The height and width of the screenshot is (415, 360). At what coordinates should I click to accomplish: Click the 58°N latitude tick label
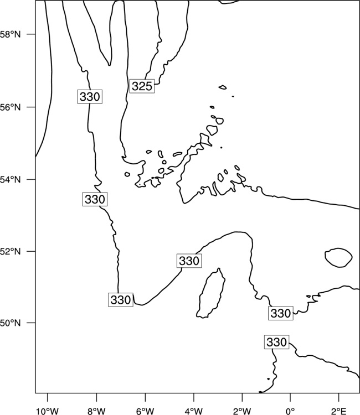pos(11,34)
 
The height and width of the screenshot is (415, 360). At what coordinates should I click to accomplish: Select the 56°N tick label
pos(11,107)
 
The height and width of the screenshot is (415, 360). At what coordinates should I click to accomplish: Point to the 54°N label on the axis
pos(11,179)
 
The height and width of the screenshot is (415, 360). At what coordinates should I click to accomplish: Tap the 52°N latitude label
pos(11,251)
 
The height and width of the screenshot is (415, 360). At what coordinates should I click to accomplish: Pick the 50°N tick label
pos(11,323)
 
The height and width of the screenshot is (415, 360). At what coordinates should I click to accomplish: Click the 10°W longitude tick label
pos(48,411)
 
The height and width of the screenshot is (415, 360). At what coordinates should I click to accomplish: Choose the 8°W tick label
pos(96,411)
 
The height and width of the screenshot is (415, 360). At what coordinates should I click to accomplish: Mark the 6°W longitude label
pos(145,411)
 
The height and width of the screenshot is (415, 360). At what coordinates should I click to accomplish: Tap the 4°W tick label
pos(194,411)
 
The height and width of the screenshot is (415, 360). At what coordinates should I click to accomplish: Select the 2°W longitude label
pos(242,411)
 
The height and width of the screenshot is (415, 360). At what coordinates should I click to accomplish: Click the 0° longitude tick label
pos(290,411)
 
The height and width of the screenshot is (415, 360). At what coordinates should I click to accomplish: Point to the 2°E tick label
pos(339,411)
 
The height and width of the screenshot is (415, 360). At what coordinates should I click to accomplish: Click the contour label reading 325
pos(142,86)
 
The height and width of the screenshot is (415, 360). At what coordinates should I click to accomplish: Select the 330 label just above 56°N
pos(90,97)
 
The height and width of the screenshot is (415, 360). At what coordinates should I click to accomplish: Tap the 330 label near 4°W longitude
pos(189,261)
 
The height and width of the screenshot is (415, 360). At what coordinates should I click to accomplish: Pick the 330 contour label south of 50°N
pos(276,342)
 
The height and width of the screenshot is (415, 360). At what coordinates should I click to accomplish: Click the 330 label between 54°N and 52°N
pos(95,199)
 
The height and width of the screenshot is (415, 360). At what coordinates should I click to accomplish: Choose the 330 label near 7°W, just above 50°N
pos(121,300)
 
